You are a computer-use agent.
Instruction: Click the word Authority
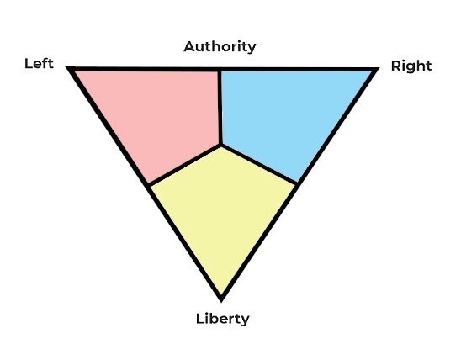pos(220,47)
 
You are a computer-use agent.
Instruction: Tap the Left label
pos(39,63)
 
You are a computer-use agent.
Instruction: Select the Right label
pos(411,66)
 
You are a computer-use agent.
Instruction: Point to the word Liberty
pos(223,319)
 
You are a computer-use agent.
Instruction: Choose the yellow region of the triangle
pos(222,214)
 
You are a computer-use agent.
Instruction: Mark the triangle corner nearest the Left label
pos(67,67)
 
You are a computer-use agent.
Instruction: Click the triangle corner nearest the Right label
pos(379,68)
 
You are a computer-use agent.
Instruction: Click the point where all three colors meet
pos(220,145)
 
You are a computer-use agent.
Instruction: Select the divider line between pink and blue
pos(220,108)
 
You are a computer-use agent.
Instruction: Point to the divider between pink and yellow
pos(184,165)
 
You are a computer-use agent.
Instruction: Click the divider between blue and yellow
pos(259,164)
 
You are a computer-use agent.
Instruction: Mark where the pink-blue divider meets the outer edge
pos(219,70)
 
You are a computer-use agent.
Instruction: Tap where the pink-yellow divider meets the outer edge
pos(148,186)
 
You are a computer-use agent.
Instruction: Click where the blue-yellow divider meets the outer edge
pos(296,184)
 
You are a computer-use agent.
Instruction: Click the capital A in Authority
pos(189,46)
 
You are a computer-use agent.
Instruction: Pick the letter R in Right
pos(396,66)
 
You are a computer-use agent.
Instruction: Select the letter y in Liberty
pos(245,320)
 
